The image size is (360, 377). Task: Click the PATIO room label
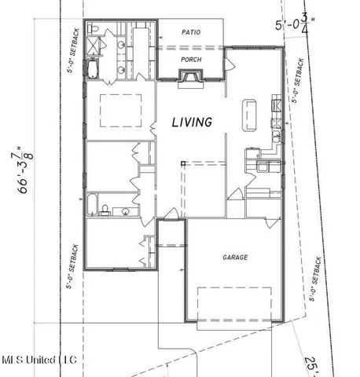[x=191, y=32]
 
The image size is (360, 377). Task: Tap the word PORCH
[x=191, y=59]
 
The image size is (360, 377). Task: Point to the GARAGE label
[x=234, y=258]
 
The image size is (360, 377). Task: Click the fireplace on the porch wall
[x=189, y=76]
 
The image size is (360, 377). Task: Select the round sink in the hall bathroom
[x=124, y=210]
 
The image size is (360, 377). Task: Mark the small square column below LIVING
[x=182, y=163]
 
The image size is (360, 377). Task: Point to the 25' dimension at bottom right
[x=313, y=364]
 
